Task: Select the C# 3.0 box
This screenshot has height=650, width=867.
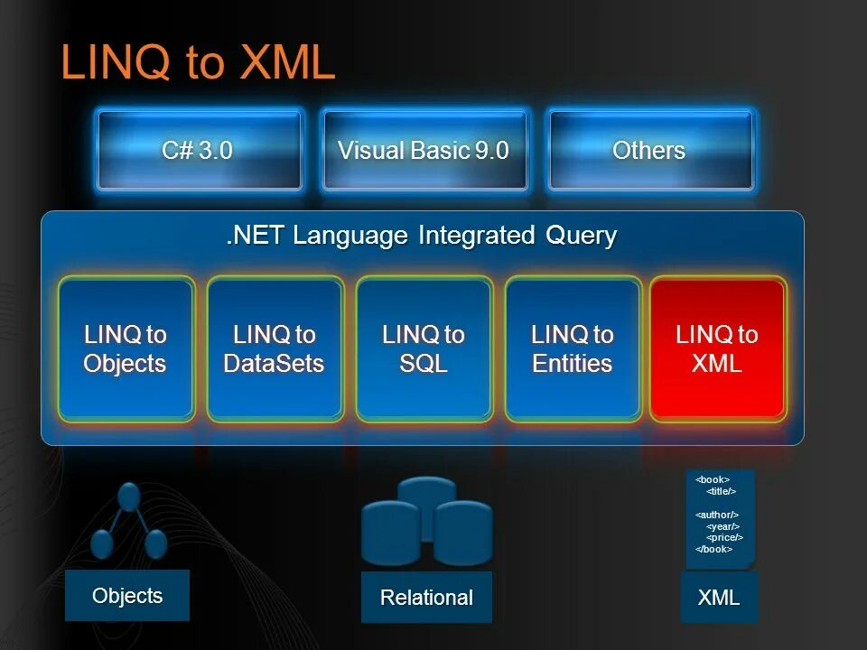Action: click(198, 150)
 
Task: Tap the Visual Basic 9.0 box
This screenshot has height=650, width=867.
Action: click(424, 150)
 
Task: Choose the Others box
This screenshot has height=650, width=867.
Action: click(649, 150)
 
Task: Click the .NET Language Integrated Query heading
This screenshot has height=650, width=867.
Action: click(422, 236)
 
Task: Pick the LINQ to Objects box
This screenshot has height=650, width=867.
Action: click(126, 349)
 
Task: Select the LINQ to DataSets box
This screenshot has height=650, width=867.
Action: click(275, 349)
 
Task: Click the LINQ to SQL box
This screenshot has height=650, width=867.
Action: click(424, 349)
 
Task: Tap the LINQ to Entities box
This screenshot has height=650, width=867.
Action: click(573, 349)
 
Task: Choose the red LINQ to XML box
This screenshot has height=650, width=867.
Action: click(718, 349)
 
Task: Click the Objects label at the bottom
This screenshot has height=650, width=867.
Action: click(127, 596)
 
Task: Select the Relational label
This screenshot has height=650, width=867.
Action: click(426, 598)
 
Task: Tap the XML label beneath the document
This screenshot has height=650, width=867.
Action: click(719, 597)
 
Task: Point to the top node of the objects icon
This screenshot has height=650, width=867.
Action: click(129, 496)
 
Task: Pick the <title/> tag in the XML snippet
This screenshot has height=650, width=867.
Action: click(721, 491)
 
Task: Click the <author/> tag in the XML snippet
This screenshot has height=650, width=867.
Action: click(717, 515)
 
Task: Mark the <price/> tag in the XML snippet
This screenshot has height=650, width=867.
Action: click(724, 537)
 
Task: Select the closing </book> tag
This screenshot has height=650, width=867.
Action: click(713, 549)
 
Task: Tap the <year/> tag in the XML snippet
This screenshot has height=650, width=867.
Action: click(722, 525)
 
